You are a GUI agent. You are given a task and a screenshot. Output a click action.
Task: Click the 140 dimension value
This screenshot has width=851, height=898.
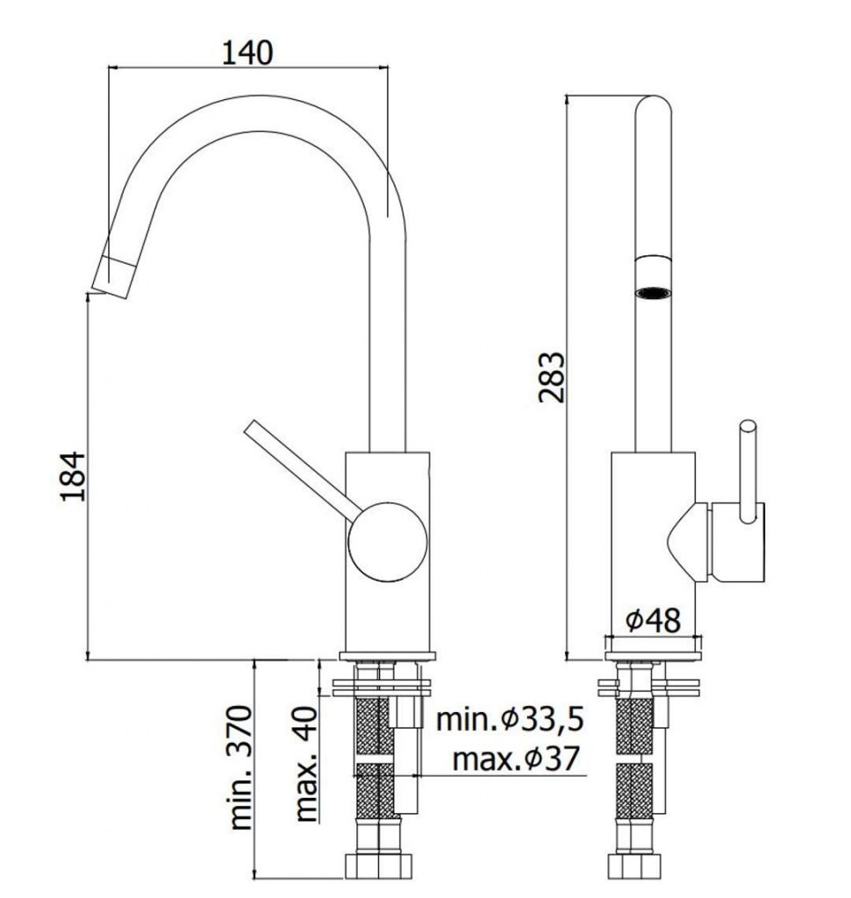point(247,53)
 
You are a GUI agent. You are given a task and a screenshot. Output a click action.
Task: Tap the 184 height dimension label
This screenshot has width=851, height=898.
point(73,476)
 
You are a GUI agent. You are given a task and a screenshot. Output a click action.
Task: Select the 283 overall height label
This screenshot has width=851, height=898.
point(551,377)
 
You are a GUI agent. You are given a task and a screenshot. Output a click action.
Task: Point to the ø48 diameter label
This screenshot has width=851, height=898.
point(653,620)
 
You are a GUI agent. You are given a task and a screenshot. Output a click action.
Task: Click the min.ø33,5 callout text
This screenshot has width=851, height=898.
point(510,719)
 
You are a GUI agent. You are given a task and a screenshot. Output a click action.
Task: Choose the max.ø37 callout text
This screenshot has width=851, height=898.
point(516,759)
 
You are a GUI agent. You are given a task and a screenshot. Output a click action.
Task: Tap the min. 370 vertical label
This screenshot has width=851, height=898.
point(240,767)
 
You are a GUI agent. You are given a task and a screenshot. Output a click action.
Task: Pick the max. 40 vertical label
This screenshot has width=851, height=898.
point(306,764)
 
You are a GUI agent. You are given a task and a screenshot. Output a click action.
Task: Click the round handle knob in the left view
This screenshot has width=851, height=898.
point(388,542)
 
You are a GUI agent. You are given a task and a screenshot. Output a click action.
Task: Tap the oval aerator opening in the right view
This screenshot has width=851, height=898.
point(653,293)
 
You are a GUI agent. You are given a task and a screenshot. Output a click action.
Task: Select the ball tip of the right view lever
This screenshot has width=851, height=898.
point(747,429)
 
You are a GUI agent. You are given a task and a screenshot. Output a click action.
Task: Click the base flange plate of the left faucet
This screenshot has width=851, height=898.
point(388,656)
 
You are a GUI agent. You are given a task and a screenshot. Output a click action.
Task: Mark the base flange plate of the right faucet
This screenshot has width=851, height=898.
point(653,656)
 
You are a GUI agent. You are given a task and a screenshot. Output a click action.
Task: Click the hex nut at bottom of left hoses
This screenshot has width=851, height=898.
point(377,866)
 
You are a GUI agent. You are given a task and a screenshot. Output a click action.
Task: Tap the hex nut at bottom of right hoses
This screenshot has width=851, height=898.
point(635,866)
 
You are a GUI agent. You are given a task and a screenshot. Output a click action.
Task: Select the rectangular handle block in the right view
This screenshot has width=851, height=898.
point(738,542)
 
